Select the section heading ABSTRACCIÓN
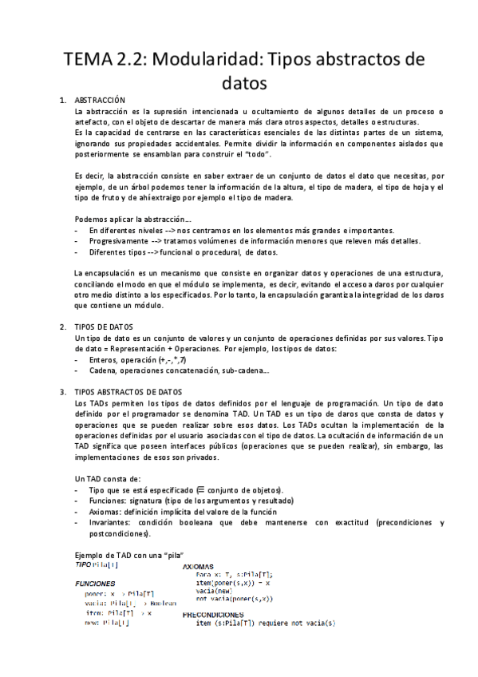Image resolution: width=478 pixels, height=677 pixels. point(100,101)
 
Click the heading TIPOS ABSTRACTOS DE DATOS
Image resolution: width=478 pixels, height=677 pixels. point(128,393)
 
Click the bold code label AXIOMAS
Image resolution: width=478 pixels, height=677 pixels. point(203,566)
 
